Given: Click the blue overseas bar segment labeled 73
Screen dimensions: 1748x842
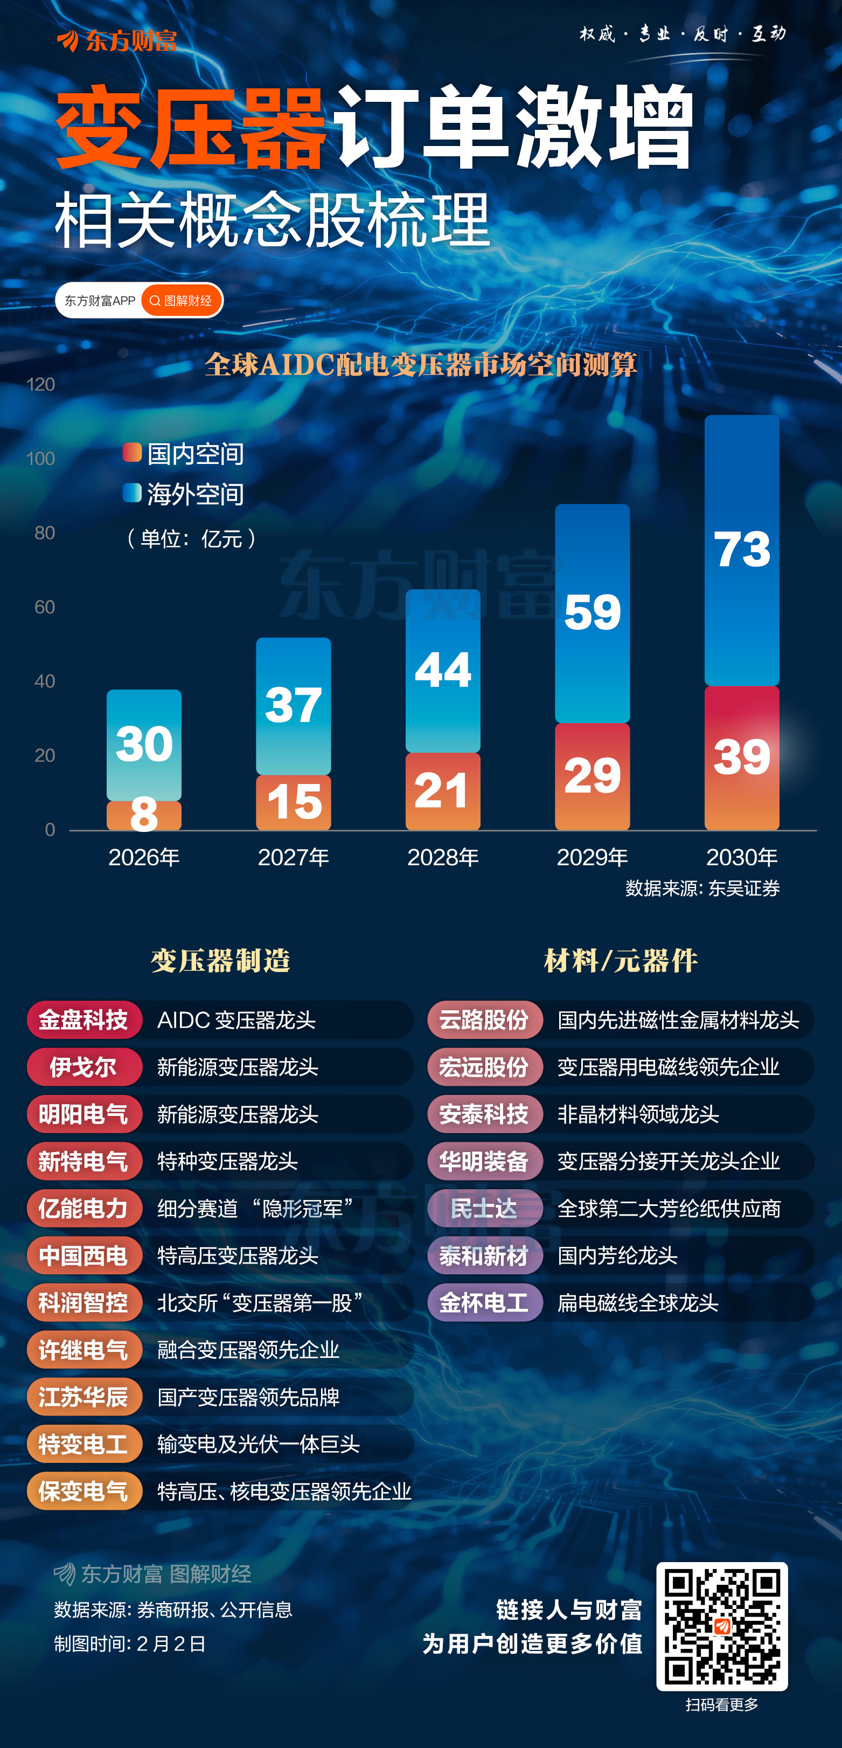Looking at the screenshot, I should click(x=742, y=550).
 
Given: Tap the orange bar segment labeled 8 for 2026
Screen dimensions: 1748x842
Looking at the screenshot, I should click(x=144, y=815).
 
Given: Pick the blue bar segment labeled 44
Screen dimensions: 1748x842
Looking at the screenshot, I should click(x=443, y=670).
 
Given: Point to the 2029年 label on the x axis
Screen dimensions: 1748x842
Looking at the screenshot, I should click(x=593, y=858).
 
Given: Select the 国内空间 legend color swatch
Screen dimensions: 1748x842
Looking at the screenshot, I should click(x=131, y=452).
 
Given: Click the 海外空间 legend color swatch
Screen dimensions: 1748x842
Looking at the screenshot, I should click(x=131, y=493).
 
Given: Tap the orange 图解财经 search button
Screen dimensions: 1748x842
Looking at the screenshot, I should click(x=181, y=301).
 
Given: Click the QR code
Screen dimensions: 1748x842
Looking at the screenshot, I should click(x=722, y=1626).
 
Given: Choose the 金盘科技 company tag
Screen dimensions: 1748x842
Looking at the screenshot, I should click(x=83, y=1019).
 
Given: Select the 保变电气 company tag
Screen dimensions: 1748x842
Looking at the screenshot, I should click(x=83, y=1491).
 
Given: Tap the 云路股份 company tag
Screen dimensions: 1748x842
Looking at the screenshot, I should click(x=484, y=1019).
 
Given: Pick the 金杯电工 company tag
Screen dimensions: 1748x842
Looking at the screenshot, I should click(x=484, y=1302).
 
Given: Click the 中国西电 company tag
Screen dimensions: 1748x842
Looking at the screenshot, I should click(x=83, y=1255).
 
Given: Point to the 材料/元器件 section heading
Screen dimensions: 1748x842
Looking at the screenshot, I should click(x=621, y=961).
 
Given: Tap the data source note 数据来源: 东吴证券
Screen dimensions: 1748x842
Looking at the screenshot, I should click(x=702, y=888).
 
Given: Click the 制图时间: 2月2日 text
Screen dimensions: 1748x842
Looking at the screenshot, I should click(x=130, y=1643).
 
